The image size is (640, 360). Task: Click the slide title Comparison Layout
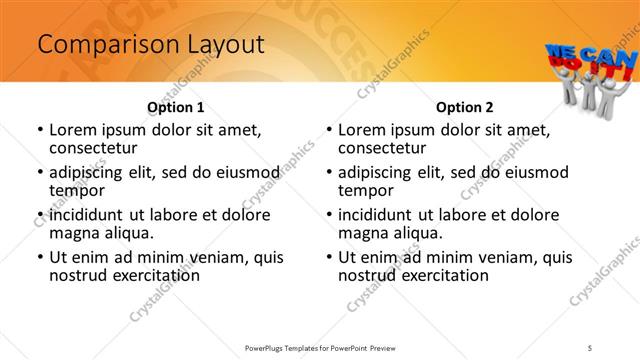(150, 44)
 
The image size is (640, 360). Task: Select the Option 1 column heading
(176, 107)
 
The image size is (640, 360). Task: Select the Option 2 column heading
(464, 107)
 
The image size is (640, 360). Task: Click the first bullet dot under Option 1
(40, 130)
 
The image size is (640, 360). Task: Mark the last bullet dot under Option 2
(329, 257)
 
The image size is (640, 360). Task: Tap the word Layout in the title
(223, 44)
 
